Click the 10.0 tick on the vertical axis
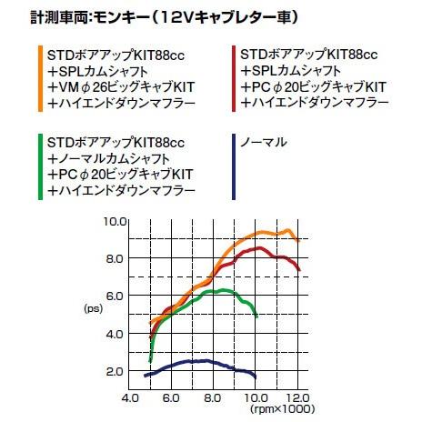pos(115,221)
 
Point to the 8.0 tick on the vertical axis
pos(115,258)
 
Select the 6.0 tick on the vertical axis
pos(115,296)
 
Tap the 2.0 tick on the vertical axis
pos(115,371)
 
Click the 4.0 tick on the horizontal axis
pos(130,397)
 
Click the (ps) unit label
pos(95,309)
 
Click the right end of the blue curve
pos(256,377)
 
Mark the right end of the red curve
pos(300,270)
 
